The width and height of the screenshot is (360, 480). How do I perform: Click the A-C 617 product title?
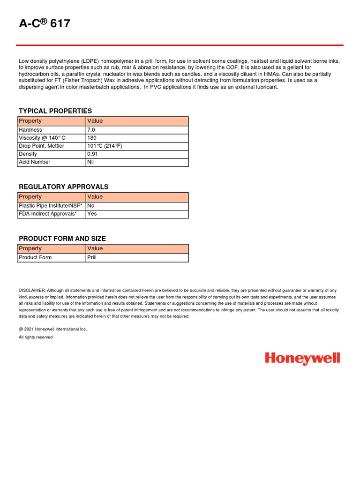pyautogui.click(x=45, y=23)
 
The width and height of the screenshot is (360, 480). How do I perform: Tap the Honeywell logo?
pyautogui.click(x=302, y=359)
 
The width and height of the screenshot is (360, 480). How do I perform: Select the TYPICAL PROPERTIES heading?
pyautogui.click(x=55, y=111)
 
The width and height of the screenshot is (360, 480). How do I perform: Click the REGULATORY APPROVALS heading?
pyautogui.click(x=63, y=187)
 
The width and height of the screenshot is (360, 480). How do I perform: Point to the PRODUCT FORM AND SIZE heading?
pyautogui.click(x=62, y=239)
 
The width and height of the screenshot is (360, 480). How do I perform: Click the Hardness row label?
pyautogui.click(x=30, y=130)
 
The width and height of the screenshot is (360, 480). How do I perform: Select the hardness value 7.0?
pyautogui.click(x=91, y=130)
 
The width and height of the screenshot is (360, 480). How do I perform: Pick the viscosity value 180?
pyautogui.click(x=92, y=138)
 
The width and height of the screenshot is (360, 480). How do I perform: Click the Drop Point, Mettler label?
pyautogui.click(x=41, y=146)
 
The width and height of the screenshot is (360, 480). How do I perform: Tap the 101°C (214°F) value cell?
pyautogui.click(x=105, y=146)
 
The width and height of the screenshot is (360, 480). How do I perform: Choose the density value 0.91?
pyautogui.click(x=92, y=154)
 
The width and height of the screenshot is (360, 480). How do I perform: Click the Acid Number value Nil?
pyautogui.click(x=90, y=162)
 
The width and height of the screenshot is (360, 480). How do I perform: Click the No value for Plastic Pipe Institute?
pyautogui.click(x=91, y=206)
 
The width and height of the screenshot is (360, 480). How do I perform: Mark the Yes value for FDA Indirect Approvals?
pyautogui.click(x=92, y=214)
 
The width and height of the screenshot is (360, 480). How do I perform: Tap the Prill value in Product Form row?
pyautogui.click(x=92, y=257)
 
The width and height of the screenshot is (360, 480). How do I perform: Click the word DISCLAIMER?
pyautogui.click(x=32, y=291)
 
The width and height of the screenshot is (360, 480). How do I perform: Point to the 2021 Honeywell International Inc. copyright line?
pyautogui.click(x=53, y=329)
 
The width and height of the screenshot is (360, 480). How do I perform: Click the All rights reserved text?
pyautogui.click(x=36, y=337)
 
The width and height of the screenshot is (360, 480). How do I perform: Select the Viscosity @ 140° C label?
pyautogui.click(x=42, y=138)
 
